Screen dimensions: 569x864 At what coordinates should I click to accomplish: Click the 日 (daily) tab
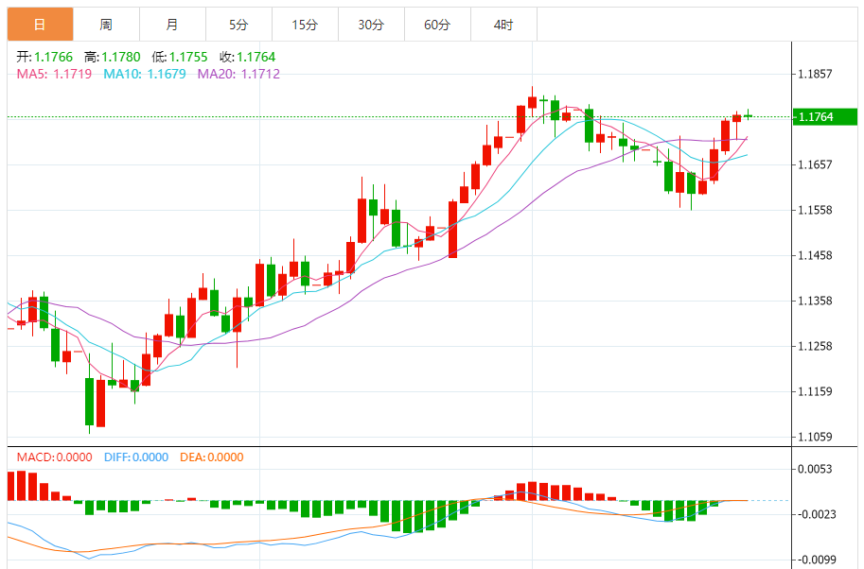(x=39, y=25)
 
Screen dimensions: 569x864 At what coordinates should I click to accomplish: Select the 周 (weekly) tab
(x=105, y=25)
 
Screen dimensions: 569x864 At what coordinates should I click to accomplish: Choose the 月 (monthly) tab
(x=171, y=25)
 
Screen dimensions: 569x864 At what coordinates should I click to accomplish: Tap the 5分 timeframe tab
(x=238, y=25)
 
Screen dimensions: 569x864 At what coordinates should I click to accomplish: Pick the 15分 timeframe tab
(x=305, y=25)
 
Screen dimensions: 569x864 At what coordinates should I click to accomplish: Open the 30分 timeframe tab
(x=371, y=25)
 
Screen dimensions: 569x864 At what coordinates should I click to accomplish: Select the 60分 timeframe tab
(x=437, y=25)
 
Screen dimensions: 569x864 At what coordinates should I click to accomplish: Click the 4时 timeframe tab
(x=503, y=25)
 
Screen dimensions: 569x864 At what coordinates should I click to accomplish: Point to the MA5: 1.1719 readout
(x=54, y=74)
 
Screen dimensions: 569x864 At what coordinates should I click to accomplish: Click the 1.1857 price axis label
(x=815, y=74)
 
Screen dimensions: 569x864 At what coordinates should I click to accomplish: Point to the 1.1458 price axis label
(x=815, y=255)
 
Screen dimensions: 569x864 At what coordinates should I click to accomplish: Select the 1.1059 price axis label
(x=815, y=437)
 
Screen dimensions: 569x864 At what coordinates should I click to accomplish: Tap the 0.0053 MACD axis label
(x=815, y=469)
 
